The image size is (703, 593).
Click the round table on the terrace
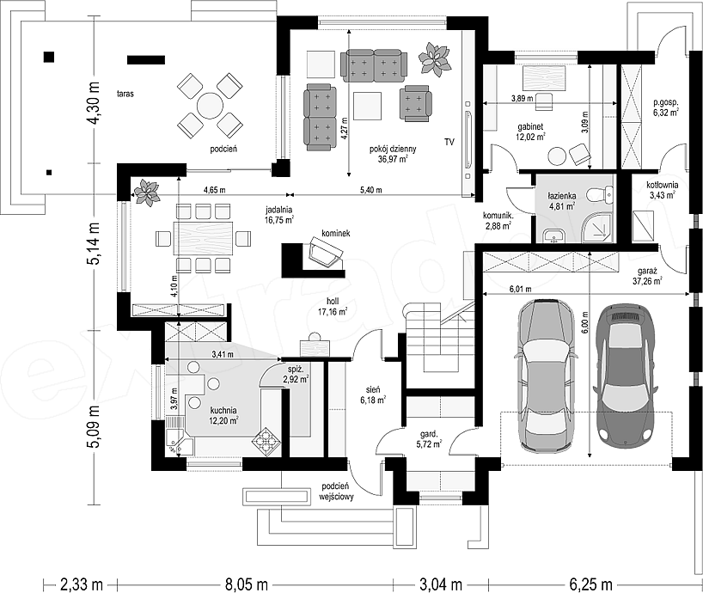coord(210,106)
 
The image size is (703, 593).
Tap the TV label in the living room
coord(449,142)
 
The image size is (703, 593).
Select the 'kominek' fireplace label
coord(335,233)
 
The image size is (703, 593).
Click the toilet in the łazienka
coord(601,193)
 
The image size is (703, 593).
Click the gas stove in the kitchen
coord(266,442)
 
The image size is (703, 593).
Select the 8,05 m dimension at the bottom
coord(247,584)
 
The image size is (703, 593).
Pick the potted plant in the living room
coord(434,58)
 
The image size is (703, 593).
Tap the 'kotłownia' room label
coord(663,185)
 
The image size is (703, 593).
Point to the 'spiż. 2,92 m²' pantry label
coord(296,375)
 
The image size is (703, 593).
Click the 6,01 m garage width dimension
coord(520,289)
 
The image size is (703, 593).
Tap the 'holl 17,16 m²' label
coord(333,306)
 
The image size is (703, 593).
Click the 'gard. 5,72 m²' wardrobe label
coord(428,439)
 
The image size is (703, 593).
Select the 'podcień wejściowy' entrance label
coord(336,492)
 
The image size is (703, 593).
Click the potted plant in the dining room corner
coord(146,193)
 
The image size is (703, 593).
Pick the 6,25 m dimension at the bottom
coord(590,584)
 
